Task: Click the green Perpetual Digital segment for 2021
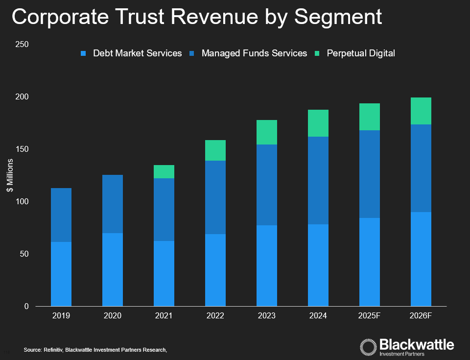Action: pyautogui.click(x=164, y=171)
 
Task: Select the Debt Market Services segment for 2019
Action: pyautogui.click(x=61, y=274)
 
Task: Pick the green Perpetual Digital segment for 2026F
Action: pyautogui.click(x=421, y=111)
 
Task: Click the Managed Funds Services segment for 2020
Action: pyautogui.click(x=113, y=204)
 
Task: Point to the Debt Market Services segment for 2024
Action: pyautogui.click(x=318, y=265)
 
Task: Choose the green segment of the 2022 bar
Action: pyautogui.click(x=215, y=150)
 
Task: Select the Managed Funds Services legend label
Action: pyautogui.click(x=254, y=53)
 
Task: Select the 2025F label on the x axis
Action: pyautogui.click(x=370, y=316)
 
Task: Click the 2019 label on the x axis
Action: pyautogui.click(x=61, y=316)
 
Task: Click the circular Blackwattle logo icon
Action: pyautogui.click(x=369, y=346)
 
